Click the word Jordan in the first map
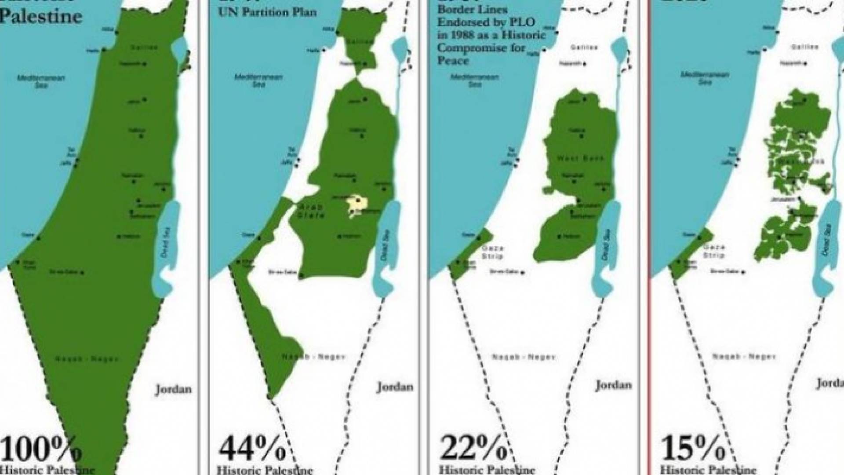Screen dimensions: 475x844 (173, 389)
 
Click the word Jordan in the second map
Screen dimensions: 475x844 (395, 387)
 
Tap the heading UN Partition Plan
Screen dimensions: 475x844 (267, 12)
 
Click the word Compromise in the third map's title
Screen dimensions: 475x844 (481, 47)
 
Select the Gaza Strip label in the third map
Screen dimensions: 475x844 (492, 252)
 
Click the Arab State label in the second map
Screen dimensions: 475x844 (313, 211)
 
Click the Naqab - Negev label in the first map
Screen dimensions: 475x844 (86, 359)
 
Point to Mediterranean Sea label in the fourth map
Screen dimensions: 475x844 (705, 78)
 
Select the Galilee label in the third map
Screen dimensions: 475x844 (584, 47)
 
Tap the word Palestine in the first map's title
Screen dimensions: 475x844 (41, 16)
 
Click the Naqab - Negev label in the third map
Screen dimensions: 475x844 (523, 357)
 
